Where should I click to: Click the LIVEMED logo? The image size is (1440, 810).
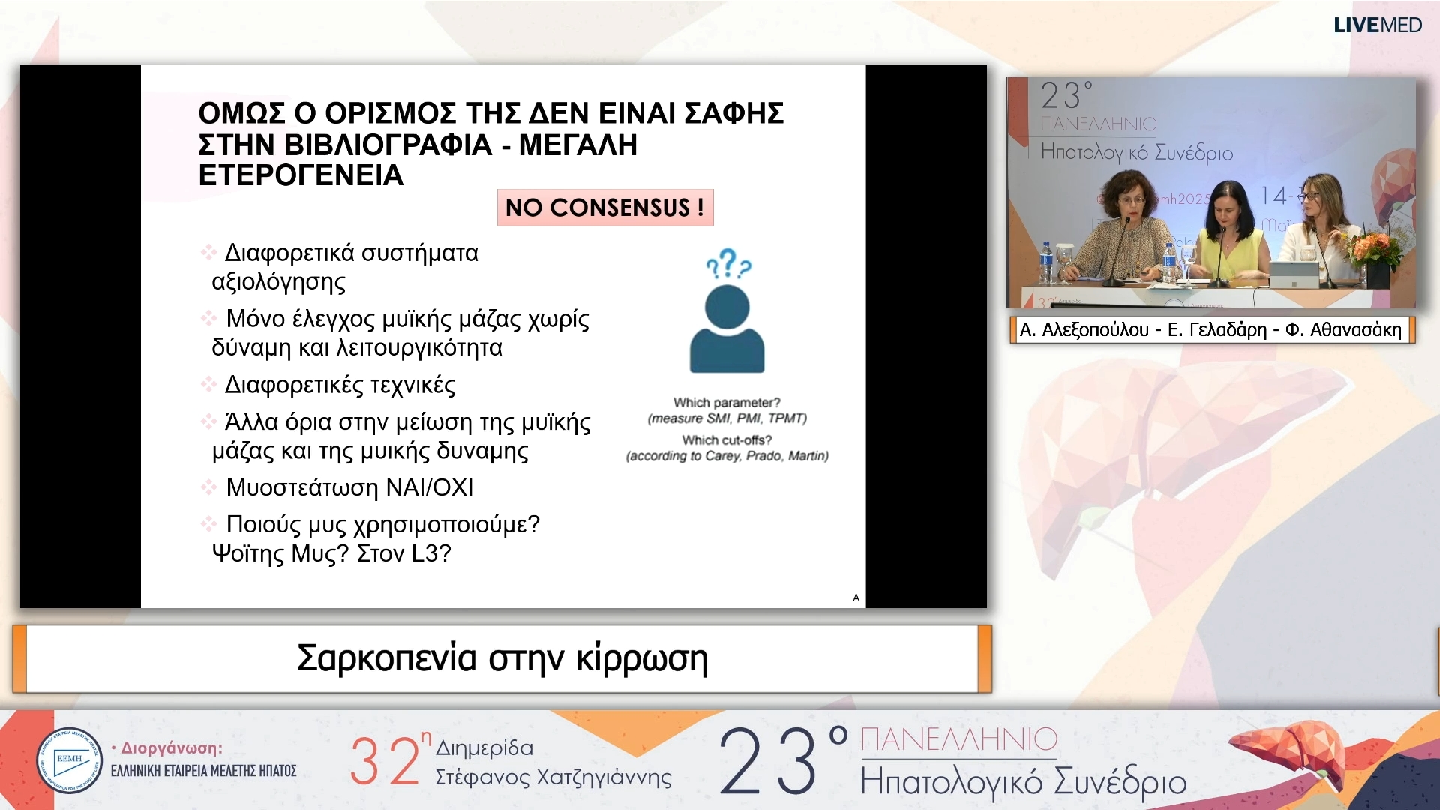(x=1377, y=25)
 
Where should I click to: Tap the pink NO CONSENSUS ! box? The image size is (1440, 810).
(x=604, y=208)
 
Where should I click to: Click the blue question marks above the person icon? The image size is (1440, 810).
(x=727, y=264)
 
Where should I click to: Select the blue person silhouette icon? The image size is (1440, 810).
(x=727, y=329)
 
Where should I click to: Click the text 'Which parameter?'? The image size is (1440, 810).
(x=727, y=403)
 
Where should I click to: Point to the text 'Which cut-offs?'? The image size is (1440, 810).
(x=727, y=440)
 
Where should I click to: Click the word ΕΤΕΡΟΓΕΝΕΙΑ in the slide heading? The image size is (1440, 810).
(x=301, y=175)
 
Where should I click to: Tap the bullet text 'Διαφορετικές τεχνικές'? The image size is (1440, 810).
(x=340, y=385)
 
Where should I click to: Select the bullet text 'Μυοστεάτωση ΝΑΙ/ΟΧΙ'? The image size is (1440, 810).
(x=349, y=487)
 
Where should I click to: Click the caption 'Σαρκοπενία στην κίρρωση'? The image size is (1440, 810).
(x=502, y=658)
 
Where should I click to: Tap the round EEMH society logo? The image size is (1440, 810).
(x=69, y=760)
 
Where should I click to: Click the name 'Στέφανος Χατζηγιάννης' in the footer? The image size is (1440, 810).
(x=553, y=777)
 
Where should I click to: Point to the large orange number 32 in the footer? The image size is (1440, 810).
(x=385, y=760)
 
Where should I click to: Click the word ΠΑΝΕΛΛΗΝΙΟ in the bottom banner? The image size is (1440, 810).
(x=958, y=740)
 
